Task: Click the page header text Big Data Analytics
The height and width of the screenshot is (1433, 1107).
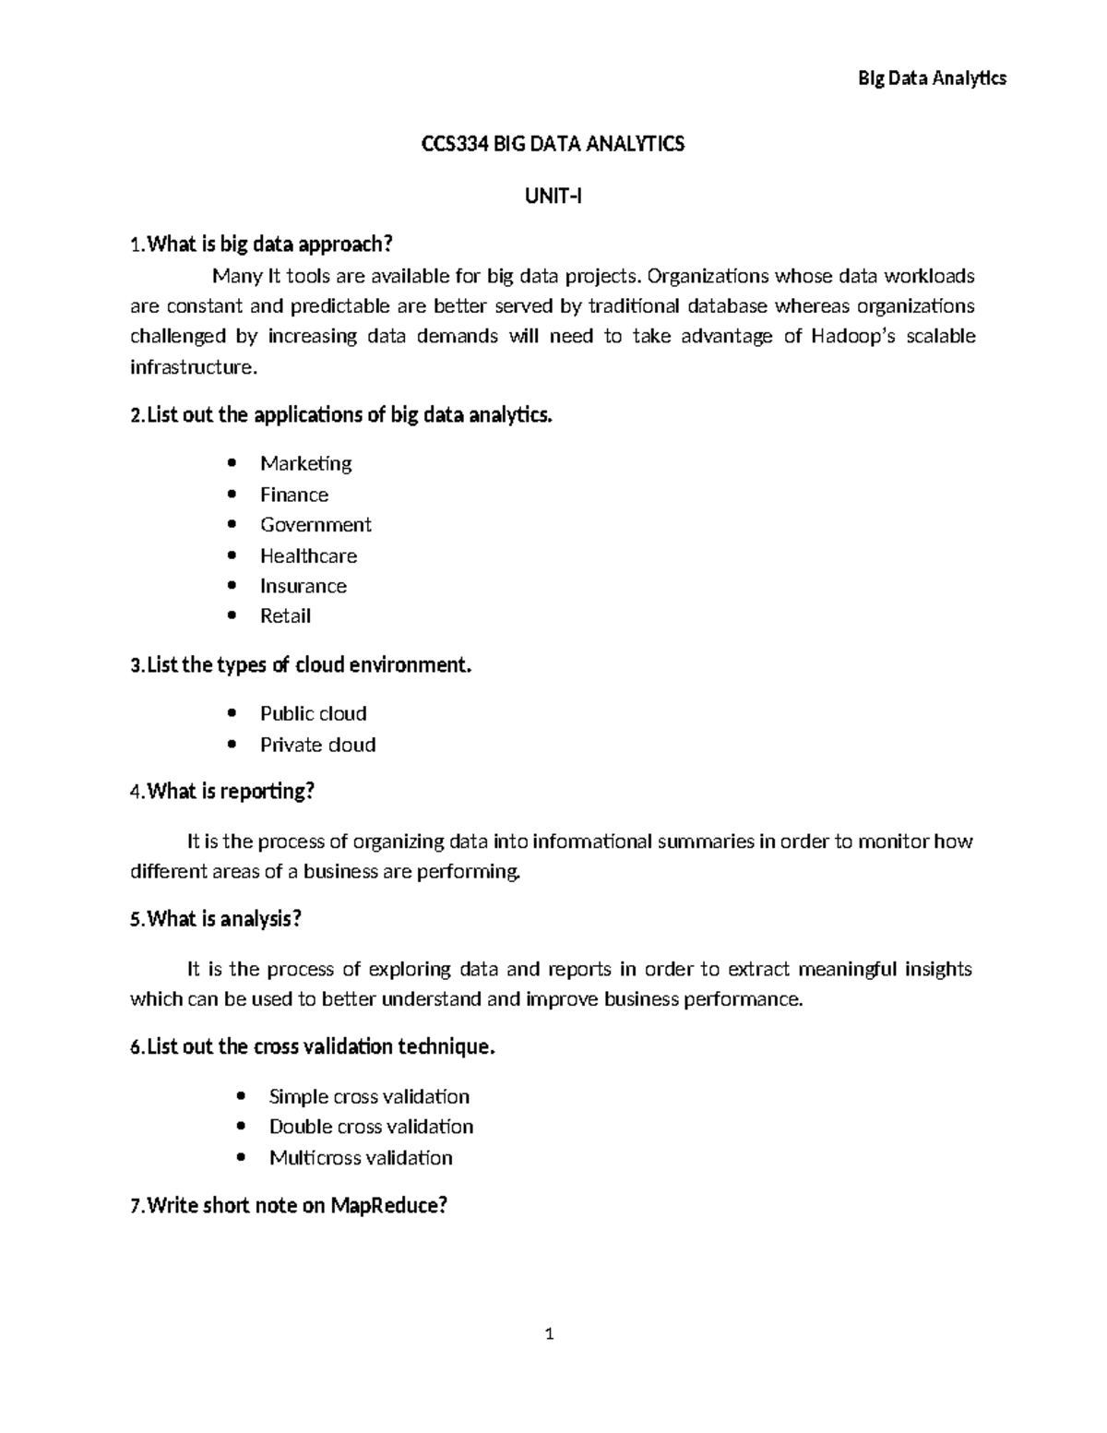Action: (x=932, y=78)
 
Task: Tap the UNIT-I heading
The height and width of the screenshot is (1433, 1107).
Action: (x=553, y=196)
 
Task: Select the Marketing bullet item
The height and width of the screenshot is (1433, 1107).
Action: (x=305, y=463)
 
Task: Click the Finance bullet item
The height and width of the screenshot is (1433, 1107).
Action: (x=293, y=495)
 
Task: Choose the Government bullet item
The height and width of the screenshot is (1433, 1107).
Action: (x=315, y=525)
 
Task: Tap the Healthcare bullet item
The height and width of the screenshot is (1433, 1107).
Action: (x=308, y=555)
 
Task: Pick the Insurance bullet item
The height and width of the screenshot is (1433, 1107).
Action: (x=303, y=586)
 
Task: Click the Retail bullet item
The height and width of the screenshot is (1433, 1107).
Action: (x=285, y=616)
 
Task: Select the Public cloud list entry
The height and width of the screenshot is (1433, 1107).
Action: (x=313, y=713)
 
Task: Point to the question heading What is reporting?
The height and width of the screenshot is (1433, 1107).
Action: (x=232, y=792)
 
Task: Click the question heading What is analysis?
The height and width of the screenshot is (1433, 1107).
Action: (x=224, y=919)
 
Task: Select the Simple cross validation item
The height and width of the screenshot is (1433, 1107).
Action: (x=369, y=1096)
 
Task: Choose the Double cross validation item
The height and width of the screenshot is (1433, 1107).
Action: (x=371, y=1127)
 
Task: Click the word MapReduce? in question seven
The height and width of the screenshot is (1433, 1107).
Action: (x=388, y=1205)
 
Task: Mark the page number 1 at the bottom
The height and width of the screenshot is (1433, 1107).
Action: (x=550, y=1333)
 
